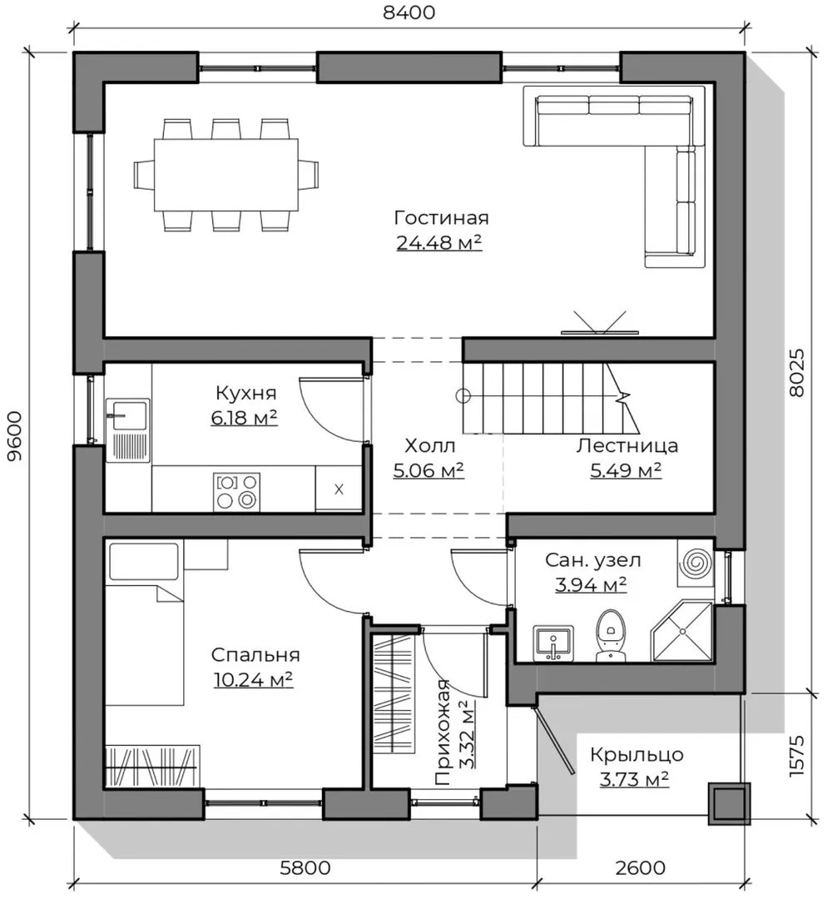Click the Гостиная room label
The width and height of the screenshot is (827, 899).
coord(441,218)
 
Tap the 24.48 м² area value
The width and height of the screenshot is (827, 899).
coord(439,242)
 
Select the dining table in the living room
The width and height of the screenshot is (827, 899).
coord(226,175)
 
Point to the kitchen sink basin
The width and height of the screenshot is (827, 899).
coord(128,415)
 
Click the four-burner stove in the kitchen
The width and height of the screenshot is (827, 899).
coord(236,491)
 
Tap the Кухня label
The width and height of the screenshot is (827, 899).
coord(246,393)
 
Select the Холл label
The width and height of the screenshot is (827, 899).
coord(430,445)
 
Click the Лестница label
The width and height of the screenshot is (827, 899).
coord(627,445)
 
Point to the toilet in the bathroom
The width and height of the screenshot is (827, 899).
coord(611,635)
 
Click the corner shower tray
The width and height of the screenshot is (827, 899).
coord(682,631)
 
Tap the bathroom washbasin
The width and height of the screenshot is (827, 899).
coord(553,643)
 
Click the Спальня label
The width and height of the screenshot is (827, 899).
coord(255,655)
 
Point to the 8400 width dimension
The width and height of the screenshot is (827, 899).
coord(409,12)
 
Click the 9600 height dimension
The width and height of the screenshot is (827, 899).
coord(14,435)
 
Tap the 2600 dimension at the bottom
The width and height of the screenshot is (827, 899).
coord(640,867)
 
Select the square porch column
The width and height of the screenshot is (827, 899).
coord(729,803)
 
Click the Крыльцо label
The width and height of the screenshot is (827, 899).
coord(636,755)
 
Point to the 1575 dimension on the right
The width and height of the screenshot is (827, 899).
coord(797,756)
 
